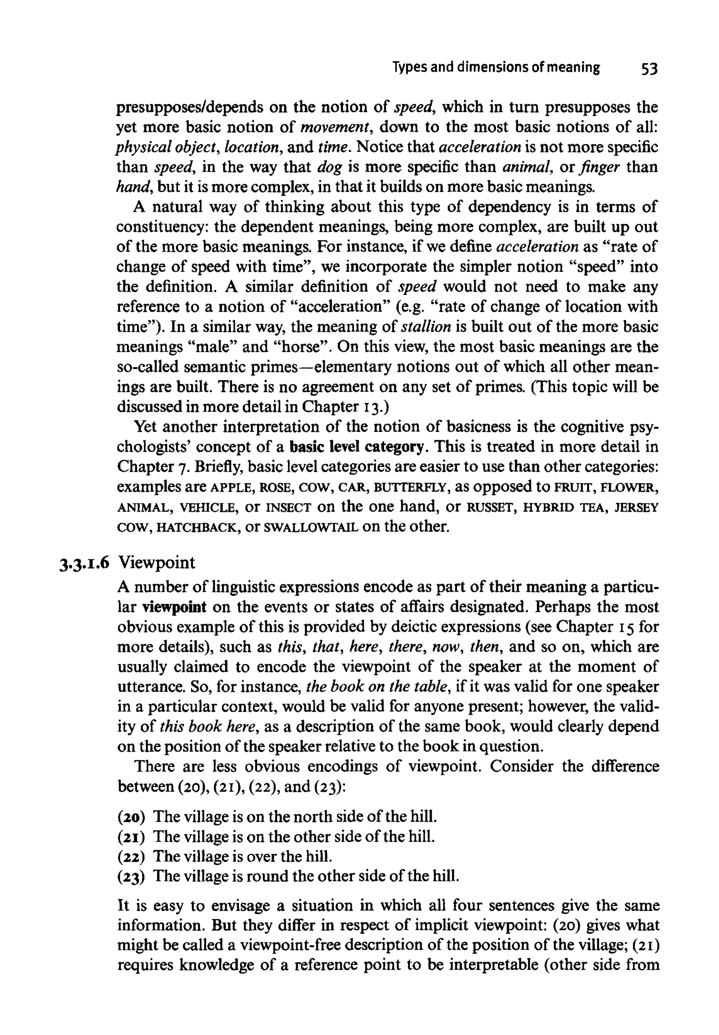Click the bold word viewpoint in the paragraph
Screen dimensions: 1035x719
pos(174,607)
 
